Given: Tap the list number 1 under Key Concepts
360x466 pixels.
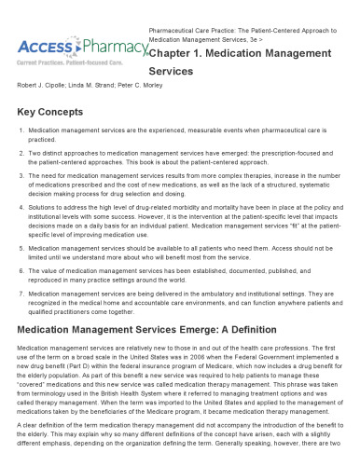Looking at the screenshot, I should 20,132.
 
